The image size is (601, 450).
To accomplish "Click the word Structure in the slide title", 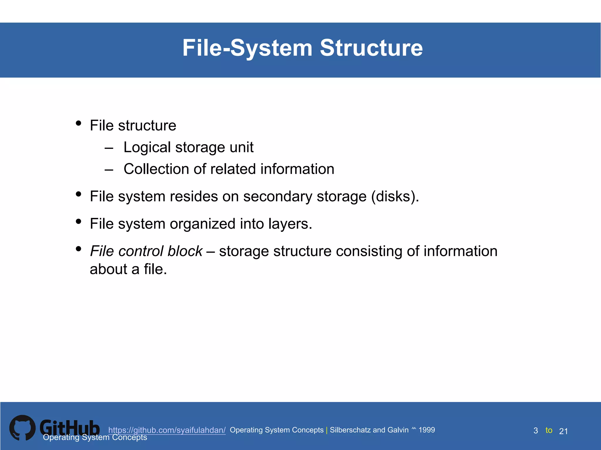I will tap(371, 48).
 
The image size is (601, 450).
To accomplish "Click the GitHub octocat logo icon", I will tap(22, 428).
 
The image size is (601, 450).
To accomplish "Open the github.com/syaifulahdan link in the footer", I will tap(167, 430).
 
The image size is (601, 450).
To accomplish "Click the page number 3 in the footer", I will tap(536, 431).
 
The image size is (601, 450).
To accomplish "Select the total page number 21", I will tap(563, 431).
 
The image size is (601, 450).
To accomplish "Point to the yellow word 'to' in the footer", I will tap(549, 430).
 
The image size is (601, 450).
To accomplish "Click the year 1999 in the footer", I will tap(427, 430).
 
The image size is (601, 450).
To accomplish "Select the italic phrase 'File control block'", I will tap(146, 251).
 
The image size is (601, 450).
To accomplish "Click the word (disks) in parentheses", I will tap(395, 196).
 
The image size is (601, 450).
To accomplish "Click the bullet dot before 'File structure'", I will tap(78, 123).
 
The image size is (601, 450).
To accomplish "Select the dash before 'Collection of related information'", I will tap(109, 170).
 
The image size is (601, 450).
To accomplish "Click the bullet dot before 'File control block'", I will tap(78, 249).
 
